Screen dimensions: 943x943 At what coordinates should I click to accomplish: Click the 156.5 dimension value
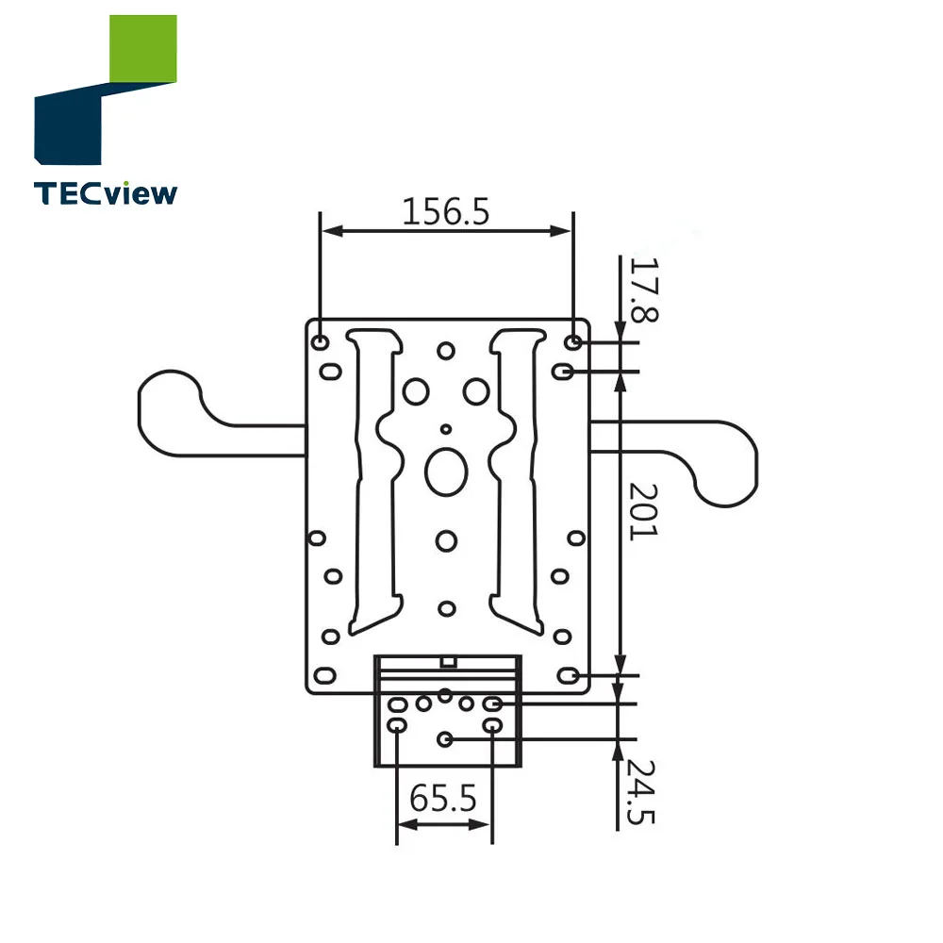click(x=446, y=212)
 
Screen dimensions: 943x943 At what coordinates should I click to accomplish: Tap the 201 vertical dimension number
click(x=645, y=511)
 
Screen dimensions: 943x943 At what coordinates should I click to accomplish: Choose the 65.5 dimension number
click(x=443, y=800)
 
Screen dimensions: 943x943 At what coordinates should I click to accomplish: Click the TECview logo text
click(x=105, y=193)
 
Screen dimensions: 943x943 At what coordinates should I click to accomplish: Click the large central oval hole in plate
click(x=446, y=471)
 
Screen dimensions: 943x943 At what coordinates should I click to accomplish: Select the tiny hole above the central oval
click(x=446, y=429)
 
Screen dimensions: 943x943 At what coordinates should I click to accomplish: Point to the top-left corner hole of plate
click(x=321, y=340)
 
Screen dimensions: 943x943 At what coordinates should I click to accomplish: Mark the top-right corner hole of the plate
click(x=574, y=340)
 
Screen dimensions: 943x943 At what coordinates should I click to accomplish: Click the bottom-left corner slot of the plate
click(x=324, y=675)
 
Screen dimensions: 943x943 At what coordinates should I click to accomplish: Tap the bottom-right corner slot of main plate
click(x=569, y=675)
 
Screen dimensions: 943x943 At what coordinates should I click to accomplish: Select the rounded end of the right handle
click(x=726, y=471)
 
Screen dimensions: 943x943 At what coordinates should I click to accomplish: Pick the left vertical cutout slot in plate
click(x=375, y=481)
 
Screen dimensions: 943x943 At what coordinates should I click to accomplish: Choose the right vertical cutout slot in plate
click(x=517, y=481)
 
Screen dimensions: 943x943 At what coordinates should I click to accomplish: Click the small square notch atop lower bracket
click(x=450, y=662)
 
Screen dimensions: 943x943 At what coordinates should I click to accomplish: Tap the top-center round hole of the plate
click(x=446, y=350)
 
